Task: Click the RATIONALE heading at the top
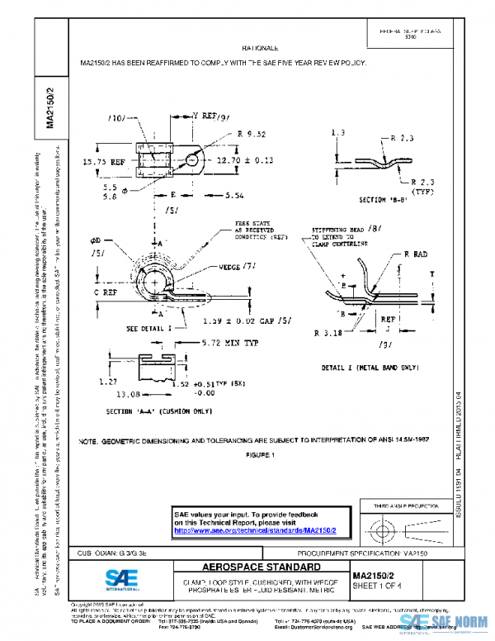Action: click(x=265, y=50)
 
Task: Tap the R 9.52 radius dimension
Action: click(x=251, y=133)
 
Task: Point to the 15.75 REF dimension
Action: click(x=103, y=162)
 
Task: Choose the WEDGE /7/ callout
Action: click(x=237, y=267)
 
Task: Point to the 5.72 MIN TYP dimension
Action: click(x=212, y=342)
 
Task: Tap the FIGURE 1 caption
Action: click(x=261, y=454)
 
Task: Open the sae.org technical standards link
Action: click(x=262, y=529)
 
